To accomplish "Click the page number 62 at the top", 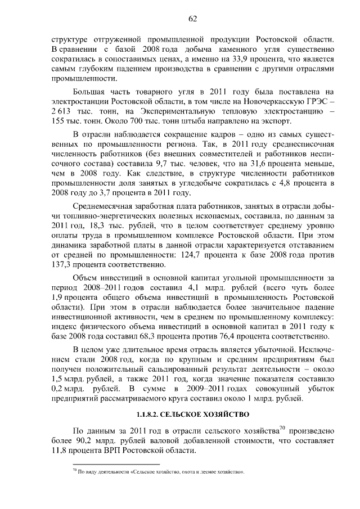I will pyautogui.click(x=192, y=18).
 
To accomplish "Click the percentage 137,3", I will pyautogui.click(x=61, y=265).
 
